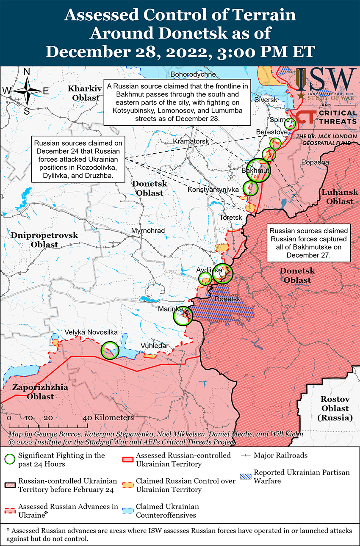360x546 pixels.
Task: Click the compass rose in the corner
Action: pos(26,91)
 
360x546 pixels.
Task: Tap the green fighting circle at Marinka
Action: pos(183,315)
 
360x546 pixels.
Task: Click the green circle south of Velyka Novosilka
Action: pos(110,350)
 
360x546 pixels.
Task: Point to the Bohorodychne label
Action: pos(193,74)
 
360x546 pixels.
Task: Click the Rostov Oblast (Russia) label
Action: pos(335,408)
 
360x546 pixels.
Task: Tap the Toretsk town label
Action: pos(230,217)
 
